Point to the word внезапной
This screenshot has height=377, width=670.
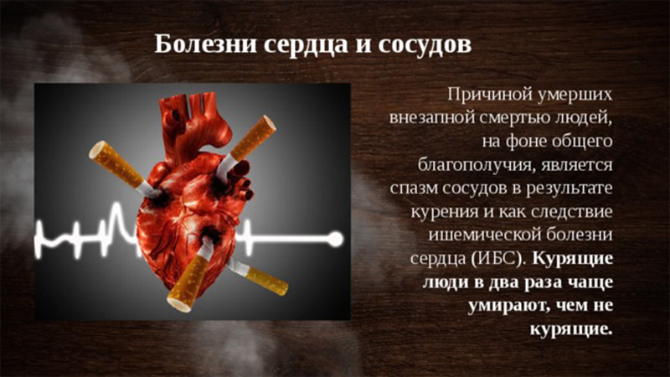click(430, 118)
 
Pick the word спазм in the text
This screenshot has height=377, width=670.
click(412, 188)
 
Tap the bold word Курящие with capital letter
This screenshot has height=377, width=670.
click(573, 259)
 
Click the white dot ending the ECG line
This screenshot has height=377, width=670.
click(336, 239)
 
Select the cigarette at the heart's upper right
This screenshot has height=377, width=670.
click(247, 144)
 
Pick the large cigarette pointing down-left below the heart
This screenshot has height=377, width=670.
click(192, 274)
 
